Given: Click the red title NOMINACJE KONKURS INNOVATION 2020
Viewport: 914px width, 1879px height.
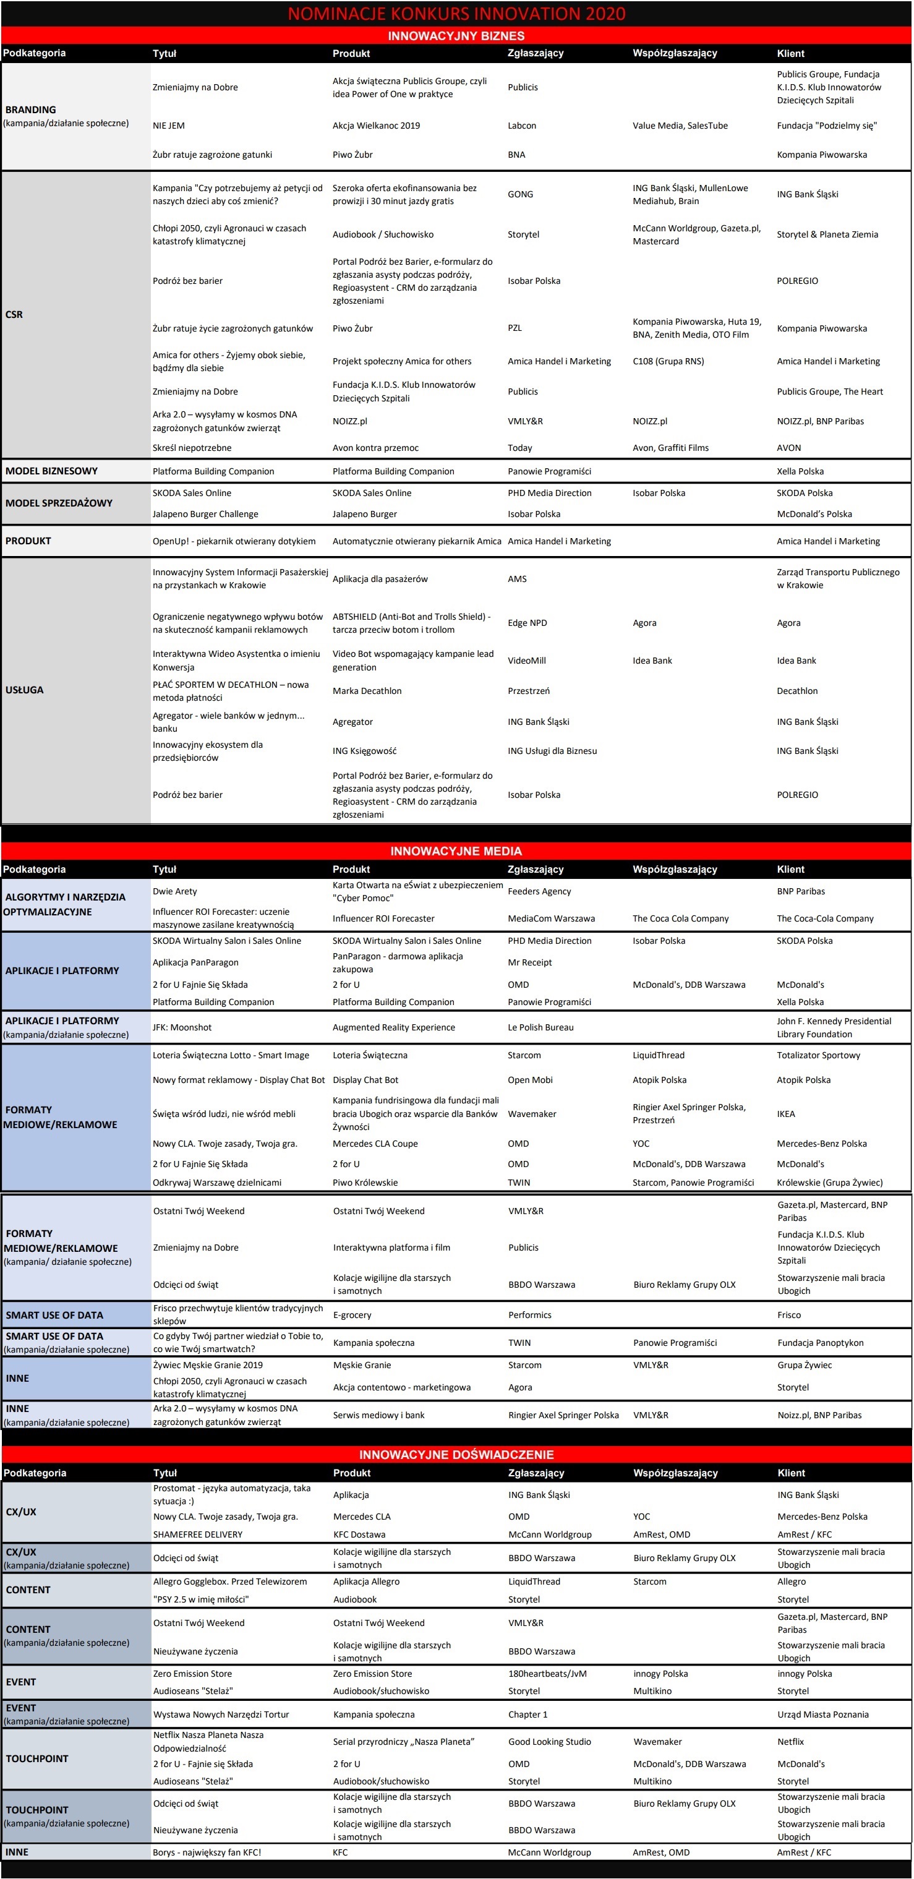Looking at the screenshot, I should [x=456, y=13].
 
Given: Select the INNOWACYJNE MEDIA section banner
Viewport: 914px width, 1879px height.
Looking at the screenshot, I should [x=456, y=850].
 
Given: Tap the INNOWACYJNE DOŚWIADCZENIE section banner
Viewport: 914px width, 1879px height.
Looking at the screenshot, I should [x=456, y=1453].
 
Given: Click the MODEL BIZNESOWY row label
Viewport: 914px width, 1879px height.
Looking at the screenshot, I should [x=52, y=471].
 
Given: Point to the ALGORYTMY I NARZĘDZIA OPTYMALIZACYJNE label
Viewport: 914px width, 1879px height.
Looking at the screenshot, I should [x=65, y=904].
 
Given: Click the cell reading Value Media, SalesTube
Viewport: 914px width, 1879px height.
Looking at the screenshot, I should [x=680, y=126].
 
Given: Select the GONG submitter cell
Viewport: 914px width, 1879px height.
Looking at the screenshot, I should [x=520, y=194].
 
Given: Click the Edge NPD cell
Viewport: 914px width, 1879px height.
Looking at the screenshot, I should [x=527, y=623].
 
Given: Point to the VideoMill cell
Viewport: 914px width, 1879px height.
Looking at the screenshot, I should [x=527, y=661].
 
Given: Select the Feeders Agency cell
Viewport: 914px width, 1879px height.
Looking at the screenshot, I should [x=539, y=891].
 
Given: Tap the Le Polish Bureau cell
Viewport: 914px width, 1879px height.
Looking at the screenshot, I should [x=540, y=1028].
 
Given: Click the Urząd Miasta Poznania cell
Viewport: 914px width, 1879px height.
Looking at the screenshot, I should [x=823, y=1714].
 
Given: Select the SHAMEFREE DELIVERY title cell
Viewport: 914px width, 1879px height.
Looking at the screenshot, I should [x=198, y=1534].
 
